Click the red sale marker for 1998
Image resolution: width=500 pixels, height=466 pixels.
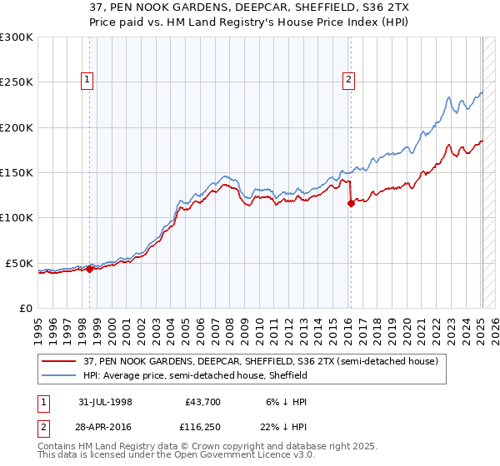point(90,268)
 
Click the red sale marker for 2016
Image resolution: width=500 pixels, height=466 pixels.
point(351,203)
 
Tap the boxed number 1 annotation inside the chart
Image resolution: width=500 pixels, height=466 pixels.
point(87,80)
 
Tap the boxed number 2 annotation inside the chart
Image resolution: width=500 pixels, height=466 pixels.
point(347,80)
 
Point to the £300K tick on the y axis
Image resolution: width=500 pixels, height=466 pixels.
point(17,37)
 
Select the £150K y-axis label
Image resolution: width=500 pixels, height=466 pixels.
point(17,172)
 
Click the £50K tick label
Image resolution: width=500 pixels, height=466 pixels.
point(19,263)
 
